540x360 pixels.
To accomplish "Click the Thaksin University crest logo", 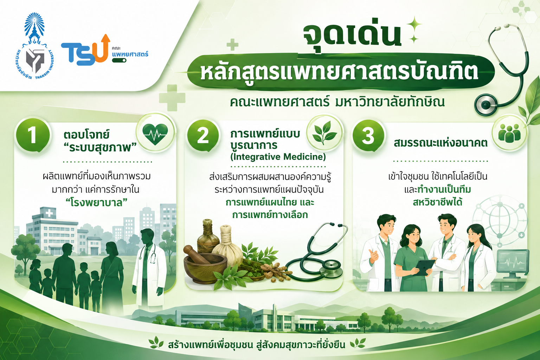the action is click(x=34, y=46).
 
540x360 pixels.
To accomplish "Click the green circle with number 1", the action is click(x=33, y=135).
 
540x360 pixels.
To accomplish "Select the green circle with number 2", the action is click(x=203, y=135).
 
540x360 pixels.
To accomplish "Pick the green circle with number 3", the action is click(x=368, y=135).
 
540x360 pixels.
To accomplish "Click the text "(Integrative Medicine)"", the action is click(x=278, y=157).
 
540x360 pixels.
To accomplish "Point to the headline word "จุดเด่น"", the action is click(x=352, y=36).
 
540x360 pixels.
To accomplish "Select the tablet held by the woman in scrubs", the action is click(x=425, y=267).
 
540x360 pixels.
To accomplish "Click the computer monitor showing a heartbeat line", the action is click(x=513, y=262).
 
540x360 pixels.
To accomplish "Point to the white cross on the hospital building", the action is click(x=49, y=213).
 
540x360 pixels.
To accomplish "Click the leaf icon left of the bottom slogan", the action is click(x=156, y=343).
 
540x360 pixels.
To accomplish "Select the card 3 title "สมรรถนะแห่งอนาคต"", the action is click(x=441, y=143).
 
